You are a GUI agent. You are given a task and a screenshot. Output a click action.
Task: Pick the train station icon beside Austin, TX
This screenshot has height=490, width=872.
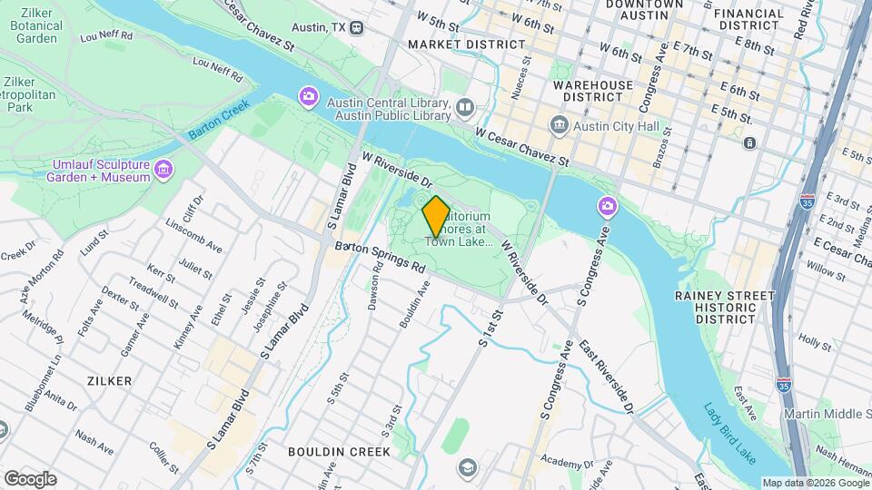pos(358,27)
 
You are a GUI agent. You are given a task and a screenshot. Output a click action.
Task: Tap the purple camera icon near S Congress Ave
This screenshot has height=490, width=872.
pos(607,208)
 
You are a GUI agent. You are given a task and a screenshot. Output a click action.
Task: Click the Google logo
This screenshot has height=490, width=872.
pos(30,478)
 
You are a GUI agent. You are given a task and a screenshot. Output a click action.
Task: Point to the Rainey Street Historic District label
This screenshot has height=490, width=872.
pos(724,308)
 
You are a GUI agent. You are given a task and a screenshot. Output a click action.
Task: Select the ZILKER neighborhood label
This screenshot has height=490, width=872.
pos(110,381)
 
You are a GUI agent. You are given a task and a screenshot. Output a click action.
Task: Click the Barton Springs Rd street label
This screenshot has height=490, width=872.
pos(380,257)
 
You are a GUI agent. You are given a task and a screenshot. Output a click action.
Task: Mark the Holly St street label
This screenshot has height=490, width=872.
pos(815,342)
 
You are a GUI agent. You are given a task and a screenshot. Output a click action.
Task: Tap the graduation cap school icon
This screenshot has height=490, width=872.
pos(467,468)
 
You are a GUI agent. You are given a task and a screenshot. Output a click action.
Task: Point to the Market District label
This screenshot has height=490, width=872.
pos(453,44)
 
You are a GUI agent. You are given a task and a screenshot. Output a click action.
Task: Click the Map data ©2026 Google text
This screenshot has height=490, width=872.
pos(815,483)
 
